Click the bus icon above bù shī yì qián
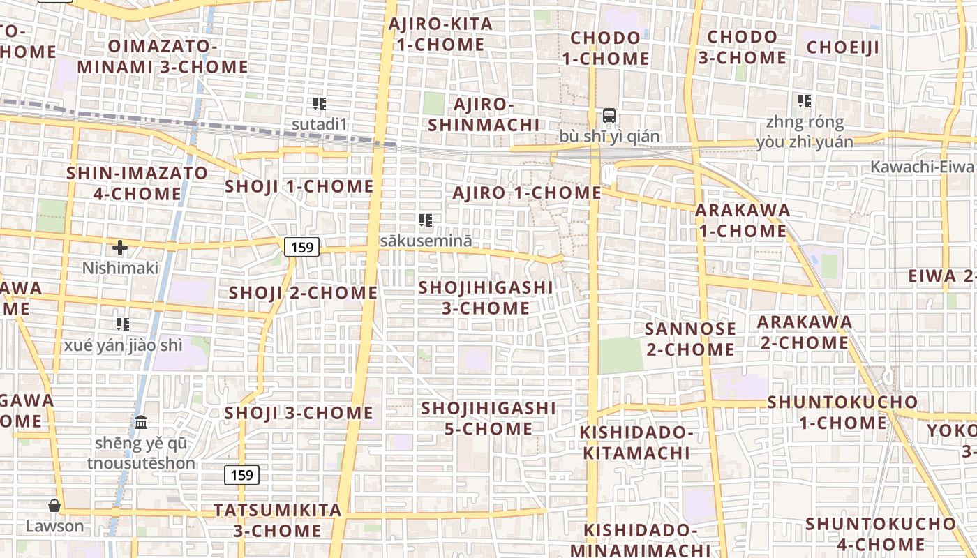(609, 116)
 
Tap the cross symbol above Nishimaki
(120, 248)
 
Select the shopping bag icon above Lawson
(54, 505)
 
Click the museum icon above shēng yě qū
(141, 422)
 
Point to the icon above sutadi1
(320, 104)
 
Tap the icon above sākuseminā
(426, 220)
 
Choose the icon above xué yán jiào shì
(123, 324)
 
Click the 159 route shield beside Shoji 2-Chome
(301, 246)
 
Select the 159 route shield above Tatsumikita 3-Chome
(241, 475)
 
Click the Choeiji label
(843, 47)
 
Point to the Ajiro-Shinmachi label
(484, 114)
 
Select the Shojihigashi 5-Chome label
(488, 418)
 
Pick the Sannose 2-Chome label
(690, 338)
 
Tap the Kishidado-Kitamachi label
(636, 443)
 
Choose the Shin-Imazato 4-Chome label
(137, 183)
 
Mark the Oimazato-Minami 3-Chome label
(162, 56)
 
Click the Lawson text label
(54, 526)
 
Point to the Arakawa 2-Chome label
(804, 332)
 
